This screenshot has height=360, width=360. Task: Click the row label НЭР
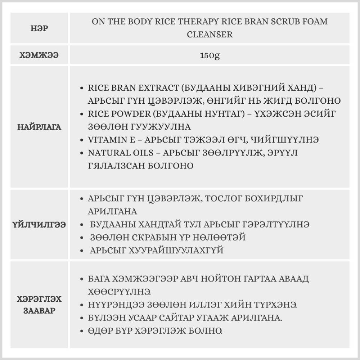[39, 28]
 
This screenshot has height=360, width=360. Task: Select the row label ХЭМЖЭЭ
[39, 55]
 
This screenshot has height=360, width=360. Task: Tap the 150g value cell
[210, 55]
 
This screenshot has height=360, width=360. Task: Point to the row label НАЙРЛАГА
[39, 127]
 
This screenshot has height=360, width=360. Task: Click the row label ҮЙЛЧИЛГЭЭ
[39, 225]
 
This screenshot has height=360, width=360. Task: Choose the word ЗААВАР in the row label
[39, 311]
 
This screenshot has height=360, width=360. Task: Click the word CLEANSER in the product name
[210, 35]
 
